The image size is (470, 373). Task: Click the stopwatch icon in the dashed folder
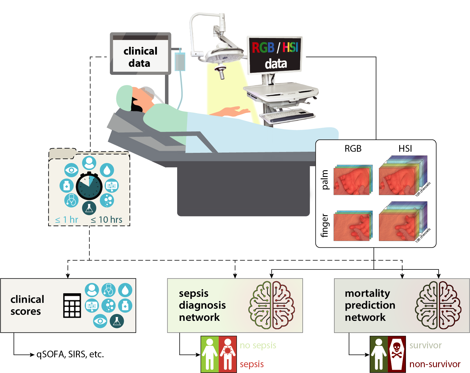point(89,186)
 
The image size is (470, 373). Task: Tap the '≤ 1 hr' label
point(67,220)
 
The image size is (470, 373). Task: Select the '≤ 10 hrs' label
point(106,220)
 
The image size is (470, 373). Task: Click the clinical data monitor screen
point(140,56)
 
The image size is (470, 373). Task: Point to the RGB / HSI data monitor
point(275,55)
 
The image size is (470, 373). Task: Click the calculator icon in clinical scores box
point(72,305)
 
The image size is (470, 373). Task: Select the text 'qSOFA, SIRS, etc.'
point(70,354)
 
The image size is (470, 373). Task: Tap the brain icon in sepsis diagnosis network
point(272,305)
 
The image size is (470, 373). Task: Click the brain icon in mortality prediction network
point(438,305)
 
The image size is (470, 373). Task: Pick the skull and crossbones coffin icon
point(397,354)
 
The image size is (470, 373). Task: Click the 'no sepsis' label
point(258,345)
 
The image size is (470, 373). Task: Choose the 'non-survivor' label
point(435,364)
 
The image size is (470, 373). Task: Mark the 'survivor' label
point(425,345)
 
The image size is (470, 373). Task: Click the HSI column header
point(405,149)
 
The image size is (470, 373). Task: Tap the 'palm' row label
point(325,180)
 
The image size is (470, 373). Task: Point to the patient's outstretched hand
point(232,112)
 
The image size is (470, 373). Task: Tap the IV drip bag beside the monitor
point(180,62)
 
